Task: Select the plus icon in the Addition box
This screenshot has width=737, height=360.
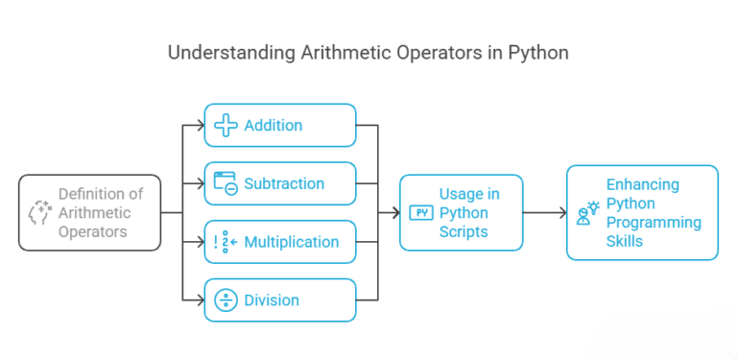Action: tap(226, 126)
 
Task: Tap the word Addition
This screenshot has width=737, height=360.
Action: tap(273, 126)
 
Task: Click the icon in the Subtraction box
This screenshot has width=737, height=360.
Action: tap(226, 183)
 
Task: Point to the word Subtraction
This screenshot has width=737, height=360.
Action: tap(284, 183)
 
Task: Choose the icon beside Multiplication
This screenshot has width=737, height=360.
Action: tap(225, 242)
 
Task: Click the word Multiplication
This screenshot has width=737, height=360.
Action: tap(291, 242)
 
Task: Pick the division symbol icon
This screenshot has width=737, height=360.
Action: tap(226, 300)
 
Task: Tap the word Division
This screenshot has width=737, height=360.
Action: tap(272, 300)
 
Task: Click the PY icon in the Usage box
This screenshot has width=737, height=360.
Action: tap(419, 212)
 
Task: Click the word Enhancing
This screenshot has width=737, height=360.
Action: tap(643, 184)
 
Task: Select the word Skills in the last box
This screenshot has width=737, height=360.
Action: tap(626, 241)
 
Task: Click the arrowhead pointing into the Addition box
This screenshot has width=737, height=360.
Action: tap(200, 126)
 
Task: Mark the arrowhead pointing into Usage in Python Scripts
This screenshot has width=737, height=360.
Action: tap(393, 213)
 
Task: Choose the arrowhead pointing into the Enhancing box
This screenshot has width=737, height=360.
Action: tap(560, 213)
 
